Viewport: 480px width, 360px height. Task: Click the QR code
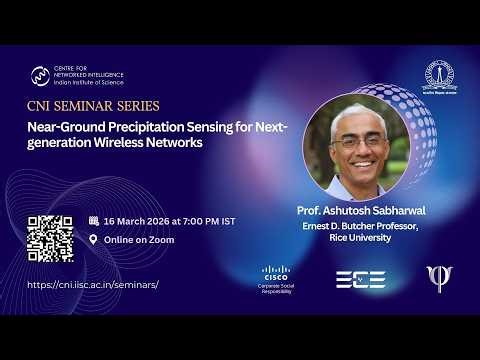(50, 238)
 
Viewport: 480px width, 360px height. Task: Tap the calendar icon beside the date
(94, 220)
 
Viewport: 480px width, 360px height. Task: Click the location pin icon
(94, 240)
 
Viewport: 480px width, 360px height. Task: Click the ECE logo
(360, 279)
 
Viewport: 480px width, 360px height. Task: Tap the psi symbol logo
(437, 278)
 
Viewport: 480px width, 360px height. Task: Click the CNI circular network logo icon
(40, 75)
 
